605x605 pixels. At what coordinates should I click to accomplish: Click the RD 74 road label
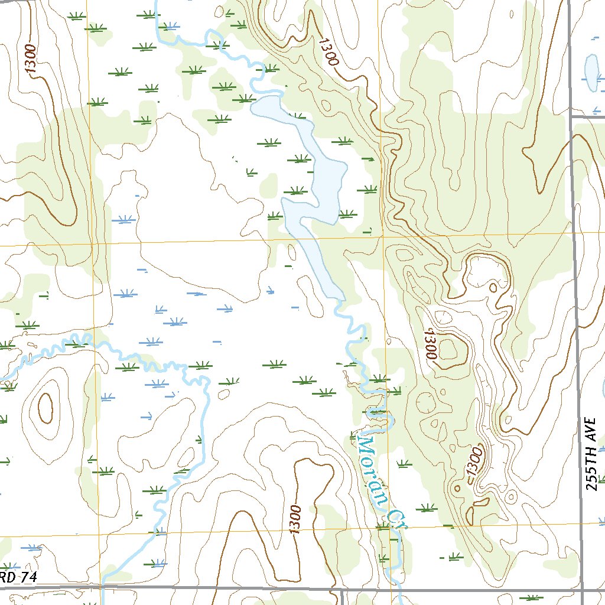pyautogui.click(x=18, y=578)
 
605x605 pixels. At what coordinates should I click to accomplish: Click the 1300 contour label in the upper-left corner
pyautogui.click(x=31, y=59)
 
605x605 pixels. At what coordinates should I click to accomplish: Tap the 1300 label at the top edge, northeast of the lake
pyautogui.click(x=328, y=52)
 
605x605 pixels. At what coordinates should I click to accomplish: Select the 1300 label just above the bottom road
pyautogui.click(x=295, y=520)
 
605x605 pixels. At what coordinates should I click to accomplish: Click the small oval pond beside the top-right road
pyautogui.click(x=591, y=72)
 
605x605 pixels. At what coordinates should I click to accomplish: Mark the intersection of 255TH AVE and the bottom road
pyautogui.click(x=583, y=590)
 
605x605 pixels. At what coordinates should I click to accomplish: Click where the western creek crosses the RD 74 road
pyautogui.click(x=103, y=587)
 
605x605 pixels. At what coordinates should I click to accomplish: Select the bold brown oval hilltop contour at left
pyautogui.click(x=45, y=407)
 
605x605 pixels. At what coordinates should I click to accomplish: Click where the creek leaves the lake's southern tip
pyautogui.click(x=339, y=300)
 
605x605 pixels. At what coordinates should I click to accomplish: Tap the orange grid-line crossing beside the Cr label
pyautogui.click(x=388, y=525)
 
